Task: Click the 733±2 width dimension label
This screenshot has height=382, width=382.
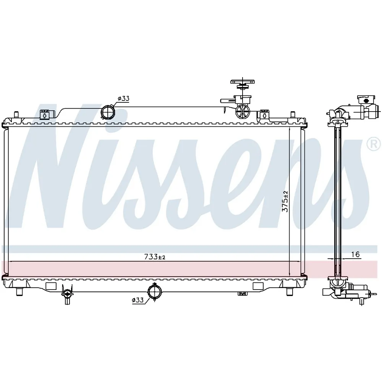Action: tap(155, 257)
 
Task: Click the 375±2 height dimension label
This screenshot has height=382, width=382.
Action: tap(285, 201)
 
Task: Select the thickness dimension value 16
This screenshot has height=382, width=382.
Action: tap(355, 254)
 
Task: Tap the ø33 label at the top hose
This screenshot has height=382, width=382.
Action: tap(123, 99)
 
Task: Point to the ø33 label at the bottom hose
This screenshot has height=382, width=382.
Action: tap(138, 300)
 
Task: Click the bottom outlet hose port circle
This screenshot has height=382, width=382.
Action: tap(154, 292)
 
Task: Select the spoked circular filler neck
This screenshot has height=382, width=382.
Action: tap(242, 112)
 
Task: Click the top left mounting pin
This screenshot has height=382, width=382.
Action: tap(16, 115)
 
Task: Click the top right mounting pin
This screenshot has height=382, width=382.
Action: tap(293, 115)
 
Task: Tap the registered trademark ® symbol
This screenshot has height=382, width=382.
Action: tap(374, 144)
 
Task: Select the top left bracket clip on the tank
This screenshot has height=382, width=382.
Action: tap(44, 115)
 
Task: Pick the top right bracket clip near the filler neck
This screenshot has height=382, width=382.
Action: tap(265, 115)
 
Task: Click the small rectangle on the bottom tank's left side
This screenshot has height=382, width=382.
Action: tap(51, 286)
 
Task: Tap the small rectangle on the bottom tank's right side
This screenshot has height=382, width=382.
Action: tap(258, 286)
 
